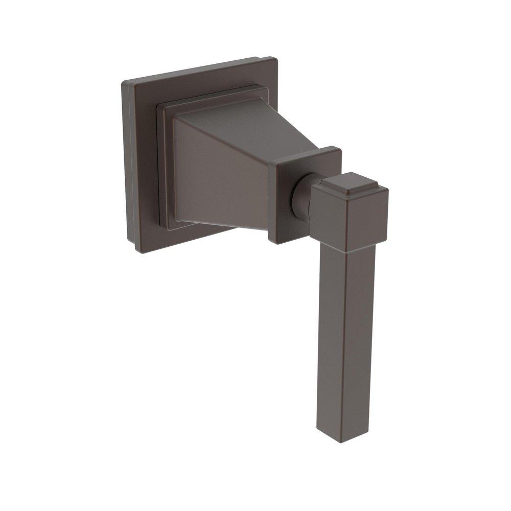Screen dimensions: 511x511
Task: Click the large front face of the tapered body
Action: (x=220, y=174)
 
